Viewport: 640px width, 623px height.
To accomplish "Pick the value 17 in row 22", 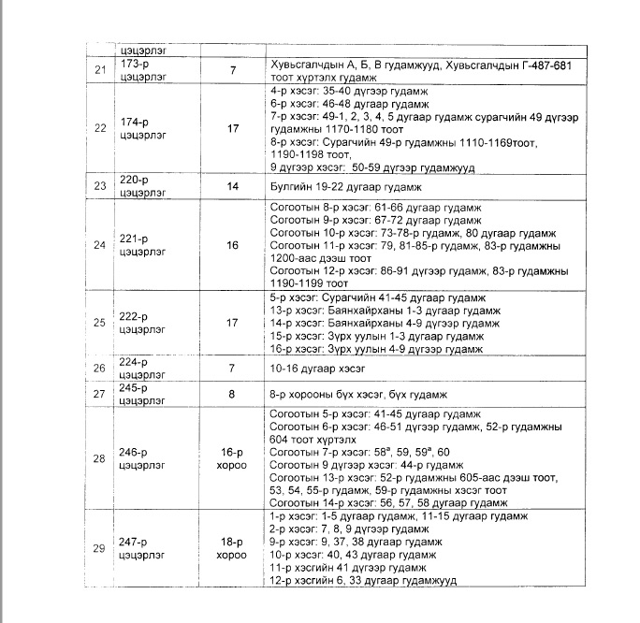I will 232,128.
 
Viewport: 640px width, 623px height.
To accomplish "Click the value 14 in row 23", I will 232,187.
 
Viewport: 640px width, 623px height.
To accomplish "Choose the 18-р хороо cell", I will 232,548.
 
